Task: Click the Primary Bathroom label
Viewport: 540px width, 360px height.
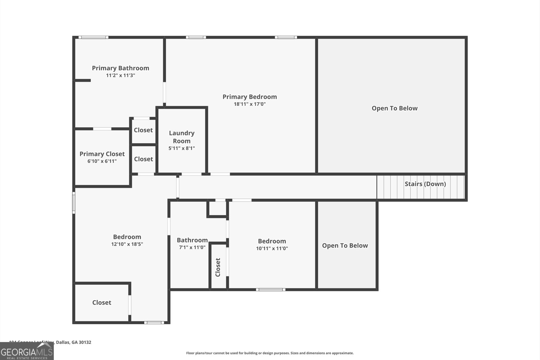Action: [x=120, y=68]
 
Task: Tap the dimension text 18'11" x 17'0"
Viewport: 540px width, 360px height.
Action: [x=250, y=104]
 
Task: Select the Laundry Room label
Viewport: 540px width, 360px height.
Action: [x=182, y=137]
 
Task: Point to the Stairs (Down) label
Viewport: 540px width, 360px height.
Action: [x=425, y=184]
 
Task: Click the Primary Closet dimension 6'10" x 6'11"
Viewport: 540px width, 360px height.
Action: [x=102, y=161]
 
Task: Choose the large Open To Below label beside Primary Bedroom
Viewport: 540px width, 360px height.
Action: [x=395, y=108]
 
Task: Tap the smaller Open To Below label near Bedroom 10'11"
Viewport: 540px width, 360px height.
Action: [x=345, y=246]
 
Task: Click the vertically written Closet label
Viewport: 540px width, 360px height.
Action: [x=218, y=267]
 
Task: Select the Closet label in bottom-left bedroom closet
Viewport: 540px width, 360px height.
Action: [x=102, y=303]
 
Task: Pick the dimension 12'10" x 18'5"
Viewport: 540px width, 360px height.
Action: [x=127, y=244]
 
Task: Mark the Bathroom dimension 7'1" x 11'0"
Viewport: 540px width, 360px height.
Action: [x=192, y=248]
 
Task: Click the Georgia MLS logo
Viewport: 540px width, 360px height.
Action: [x=27, y=352]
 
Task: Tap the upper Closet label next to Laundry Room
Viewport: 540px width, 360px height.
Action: [x=143, y=130]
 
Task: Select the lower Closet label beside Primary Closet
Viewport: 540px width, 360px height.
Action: [x=143, y=159]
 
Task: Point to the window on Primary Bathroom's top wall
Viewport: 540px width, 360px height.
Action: [x=93, y=37]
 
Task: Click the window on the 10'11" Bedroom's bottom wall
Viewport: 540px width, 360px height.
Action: [x=270, y=289]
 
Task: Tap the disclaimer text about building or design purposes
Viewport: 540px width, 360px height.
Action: [x=270, y=353]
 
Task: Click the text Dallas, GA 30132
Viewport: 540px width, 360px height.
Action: [x=73, y=342]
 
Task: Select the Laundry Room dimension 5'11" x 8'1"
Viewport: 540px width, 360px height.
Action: [x=182, y=148]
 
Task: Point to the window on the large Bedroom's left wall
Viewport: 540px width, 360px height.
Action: [x=74, y=203]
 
